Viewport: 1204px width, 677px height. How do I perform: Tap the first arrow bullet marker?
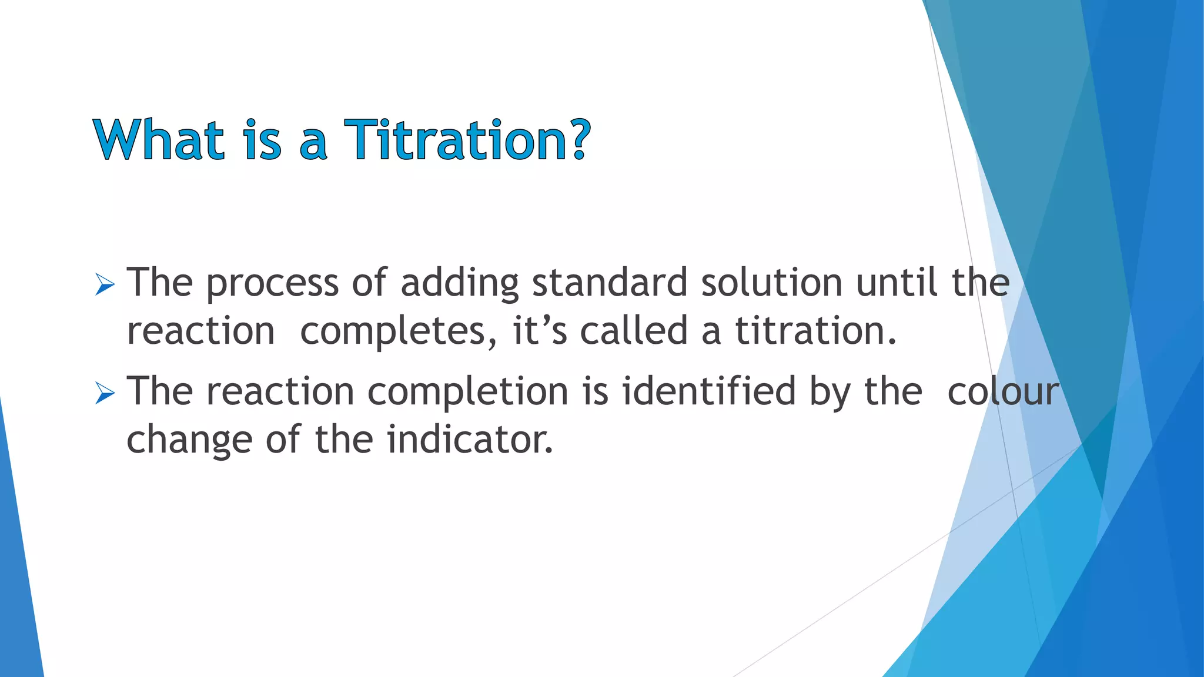pos(105,286)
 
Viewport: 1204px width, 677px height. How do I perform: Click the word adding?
pos(459,283)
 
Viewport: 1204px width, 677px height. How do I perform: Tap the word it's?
pos(540,330)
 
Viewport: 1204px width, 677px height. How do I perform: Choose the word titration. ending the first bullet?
pos(816,330)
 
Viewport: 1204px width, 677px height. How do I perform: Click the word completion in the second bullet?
pos(468,393)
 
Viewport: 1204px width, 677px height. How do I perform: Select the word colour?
pos(1003,392)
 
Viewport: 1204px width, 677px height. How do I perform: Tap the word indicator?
pos(470,439)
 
